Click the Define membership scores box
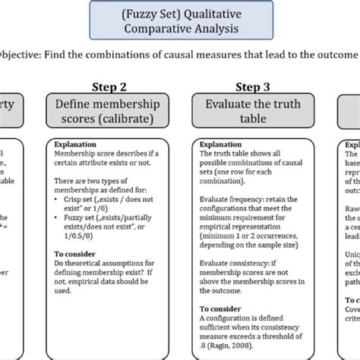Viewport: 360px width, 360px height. [x=109, y=110]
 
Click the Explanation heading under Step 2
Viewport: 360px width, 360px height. [x=74, y=142]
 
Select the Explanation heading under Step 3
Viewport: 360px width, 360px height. [x=219, y=142]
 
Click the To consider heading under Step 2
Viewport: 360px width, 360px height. [x=75, y=254]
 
